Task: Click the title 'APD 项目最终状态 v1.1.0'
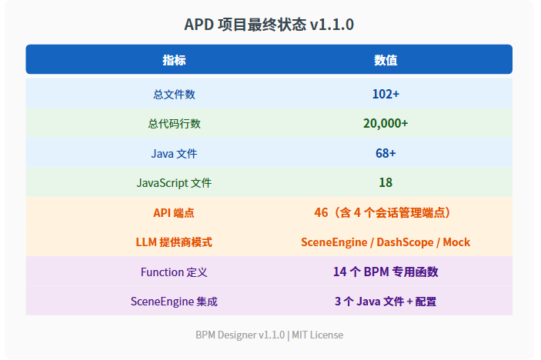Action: point(269,25)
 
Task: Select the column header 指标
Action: point(174,60)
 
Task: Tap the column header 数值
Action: point(386,60)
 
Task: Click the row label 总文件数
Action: point(174,94)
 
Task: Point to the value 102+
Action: point(386,94)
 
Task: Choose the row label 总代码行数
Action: point(174,123)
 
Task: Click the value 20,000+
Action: point(386,123)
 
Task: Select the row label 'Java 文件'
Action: point(174,153)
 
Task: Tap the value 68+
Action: point(386,153)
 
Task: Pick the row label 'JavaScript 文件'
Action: point(174,183)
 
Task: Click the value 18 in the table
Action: point(386,182)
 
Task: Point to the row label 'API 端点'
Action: point(174,213)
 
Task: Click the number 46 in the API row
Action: point(321,212)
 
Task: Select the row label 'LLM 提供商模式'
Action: point(174,242)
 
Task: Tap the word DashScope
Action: point(405,242)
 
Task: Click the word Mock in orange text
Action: point(456,242)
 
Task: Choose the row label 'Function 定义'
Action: point(174,272)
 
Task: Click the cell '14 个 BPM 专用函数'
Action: point(386,272)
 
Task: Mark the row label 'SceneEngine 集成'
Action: point(174,302)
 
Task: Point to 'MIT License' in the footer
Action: point(317,335)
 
